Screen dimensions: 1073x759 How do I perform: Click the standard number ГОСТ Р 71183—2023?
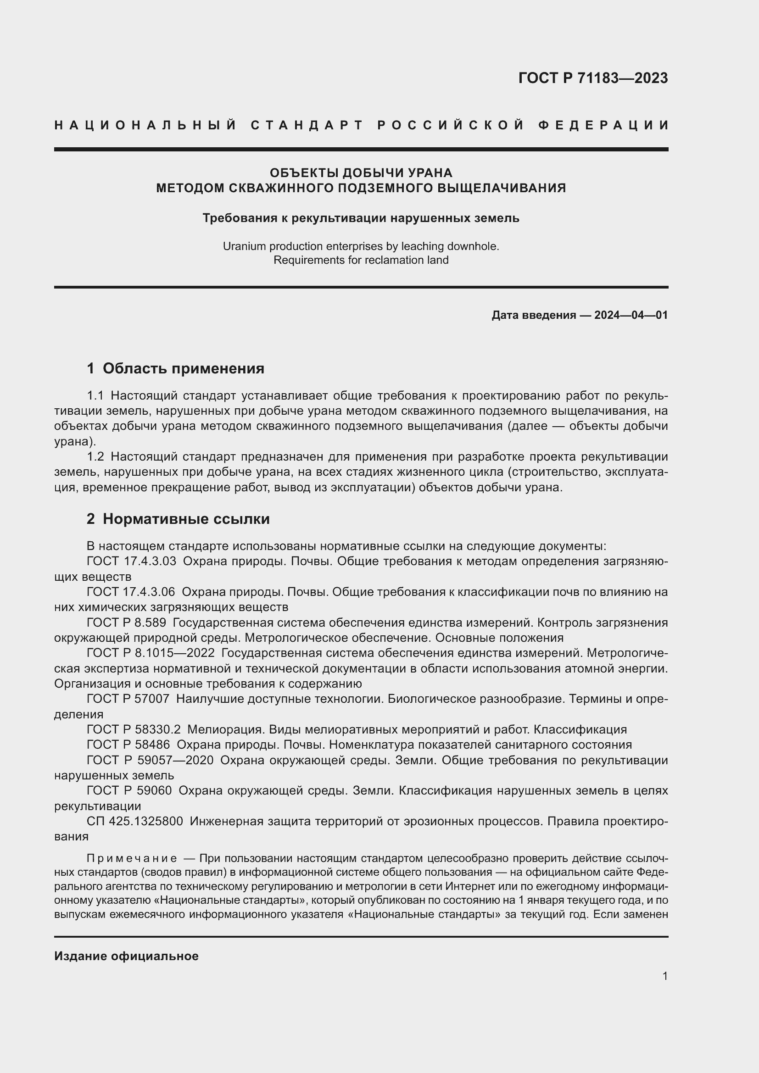pyautogui.click(x=592, y=78)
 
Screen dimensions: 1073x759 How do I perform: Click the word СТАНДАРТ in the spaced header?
pyautogui.click(x=307, y=125)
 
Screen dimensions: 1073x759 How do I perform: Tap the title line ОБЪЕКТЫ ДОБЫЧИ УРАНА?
pyautogui.click(x=361, y=173)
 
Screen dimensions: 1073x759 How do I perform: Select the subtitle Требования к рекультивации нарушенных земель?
pyautogui.click(x=361, y=218)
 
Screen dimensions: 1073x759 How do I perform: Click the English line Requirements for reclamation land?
pyautogui.click(x=361, y=260)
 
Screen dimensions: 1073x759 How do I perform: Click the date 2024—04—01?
pyautogui.click(x=631, y=315)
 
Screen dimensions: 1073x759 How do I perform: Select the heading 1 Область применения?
pyautogui.click(x=175, y=368)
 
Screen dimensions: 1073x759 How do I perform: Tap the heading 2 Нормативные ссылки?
pyautogui.click(x=178, y=519)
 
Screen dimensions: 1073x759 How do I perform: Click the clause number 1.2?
pyautogui.click(x=95, y=456)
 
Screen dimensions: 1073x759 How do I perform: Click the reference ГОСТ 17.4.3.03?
pyautogui.click(x=131, y=561)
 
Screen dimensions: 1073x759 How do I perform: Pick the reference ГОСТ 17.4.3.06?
pyautogui.click(x=131, y=592)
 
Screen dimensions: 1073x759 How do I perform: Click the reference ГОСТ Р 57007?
pyautogui.click(x=128, y=699)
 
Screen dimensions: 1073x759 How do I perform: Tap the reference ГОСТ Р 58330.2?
pyautogui.click(x=134, y=729)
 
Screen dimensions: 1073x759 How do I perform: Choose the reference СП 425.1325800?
pyautogui.click(x=134, y=821)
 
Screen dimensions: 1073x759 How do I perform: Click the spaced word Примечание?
pyautogui.click(x=132, y=858)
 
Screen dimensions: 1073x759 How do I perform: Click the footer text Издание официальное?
pyautogui.click(x=126, y=956)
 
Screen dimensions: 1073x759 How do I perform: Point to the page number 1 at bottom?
pyautogui.click(x=665, y=976)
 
